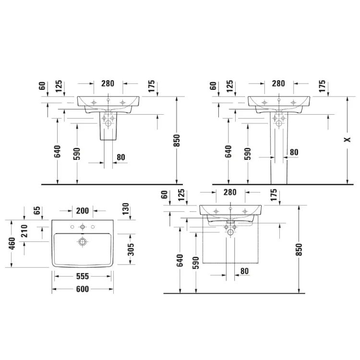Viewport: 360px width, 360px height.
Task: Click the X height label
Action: (348, 139)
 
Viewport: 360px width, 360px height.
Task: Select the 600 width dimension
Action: (83, 289)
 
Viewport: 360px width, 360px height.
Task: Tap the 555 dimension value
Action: (83, 276)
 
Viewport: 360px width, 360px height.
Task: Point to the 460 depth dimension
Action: (12, 243)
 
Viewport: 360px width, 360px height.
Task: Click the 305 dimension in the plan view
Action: (131, 249)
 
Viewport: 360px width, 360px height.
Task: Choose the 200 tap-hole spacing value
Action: (83, 211)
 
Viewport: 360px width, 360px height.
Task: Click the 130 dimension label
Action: (126, 209)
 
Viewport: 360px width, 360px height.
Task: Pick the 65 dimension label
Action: (37, 210)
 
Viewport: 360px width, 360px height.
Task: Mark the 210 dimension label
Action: (24, 231)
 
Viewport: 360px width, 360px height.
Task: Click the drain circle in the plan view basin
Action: (83, 242)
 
